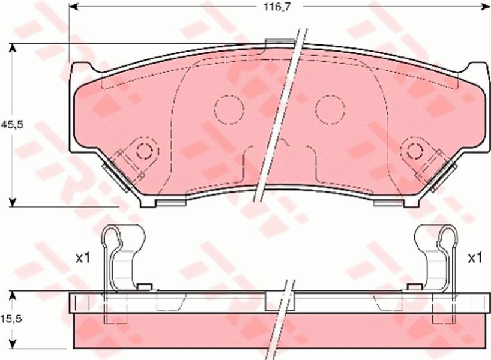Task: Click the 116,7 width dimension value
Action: (273, 7)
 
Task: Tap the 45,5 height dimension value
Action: (12, 125)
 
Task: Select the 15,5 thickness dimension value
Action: (12, 319)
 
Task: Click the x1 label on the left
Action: (83, 258)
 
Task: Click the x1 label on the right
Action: (475, 258)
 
